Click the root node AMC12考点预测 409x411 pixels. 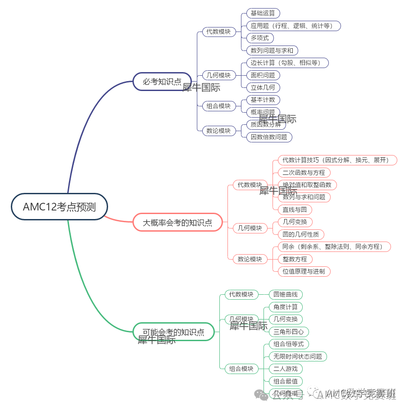59,207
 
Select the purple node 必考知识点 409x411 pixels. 162,82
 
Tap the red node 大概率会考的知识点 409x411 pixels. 177,222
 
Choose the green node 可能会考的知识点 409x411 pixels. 173,332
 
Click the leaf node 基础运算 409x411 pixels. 263,13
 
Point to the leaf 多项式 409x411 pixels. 260,38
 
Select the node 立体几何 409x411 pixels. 263,87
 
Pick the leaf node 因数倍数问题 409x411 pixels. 269,137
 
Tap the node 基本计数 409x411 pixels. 263,100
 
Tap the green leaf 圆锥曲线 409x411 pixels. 286,294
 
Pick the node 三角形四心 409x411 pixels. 289,332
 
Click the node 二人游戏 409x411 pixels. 286,369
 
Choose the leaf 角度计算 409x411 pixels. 286,307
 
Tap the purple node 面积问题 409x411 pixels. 263,75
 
